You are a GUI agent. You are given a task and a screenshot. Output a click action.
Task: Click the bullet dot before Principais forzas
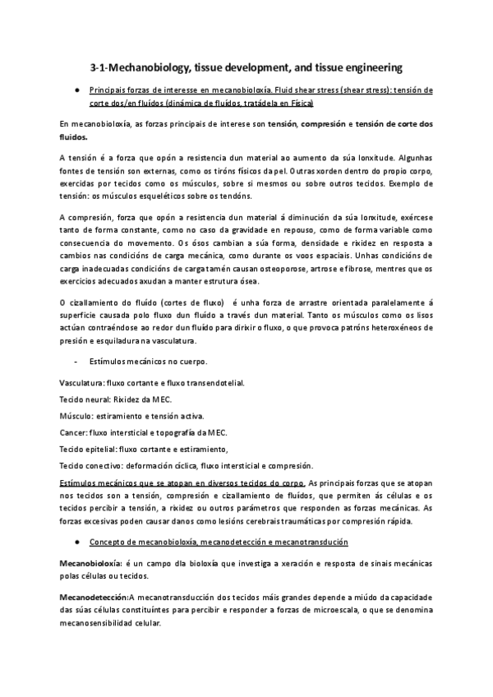click(x=76, y=89)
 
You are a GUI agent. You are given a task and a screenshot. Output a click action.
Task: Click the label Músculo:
click(x=78, y=415)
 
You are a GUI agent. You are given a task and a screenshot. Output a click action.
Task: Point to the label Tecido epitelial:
click(x=89, y=449)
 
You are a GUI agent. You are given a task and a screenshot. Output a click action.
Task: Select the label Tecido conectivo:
click(x=91, y=465)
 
